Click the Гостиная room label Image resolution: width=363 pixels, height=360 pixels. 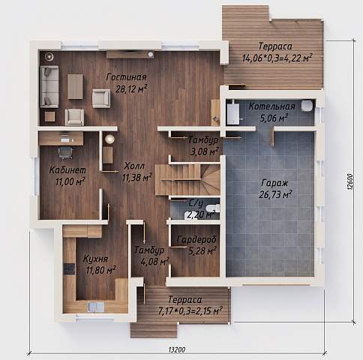tap(127, 77)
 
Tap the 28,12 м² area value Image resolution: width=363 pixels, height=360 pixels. tap(131, 88)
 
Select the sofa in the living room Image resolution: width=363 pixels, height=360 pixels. tap(49, 87)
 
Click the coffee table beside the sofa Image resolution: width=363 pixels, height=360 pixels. tap(75, 86)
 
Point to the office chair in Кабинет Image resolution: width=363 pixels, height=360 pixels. tap(66, 152)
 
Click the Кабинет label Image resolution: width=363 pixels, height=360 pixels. tap(67, 170)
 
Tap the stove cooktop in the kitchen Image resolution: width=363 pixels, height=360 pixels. tap(69, 269)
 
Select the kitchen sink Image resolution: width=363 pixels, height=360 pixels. tap(96, 307)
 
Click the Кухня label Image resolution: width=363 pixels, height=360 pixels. tap(95, 259)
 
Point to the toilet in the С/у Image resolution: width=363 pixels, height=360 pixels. tap(214, 208)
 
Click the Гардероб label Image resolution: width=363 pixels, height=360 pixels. tap(196, 240)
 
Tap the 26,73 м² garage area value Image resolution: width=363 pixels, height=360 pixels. tap(275, 194)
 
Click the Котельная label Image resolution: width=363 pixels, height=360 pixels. tap(271, 106)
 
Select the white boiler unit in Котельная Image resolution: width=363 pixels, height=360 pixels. tap(233, 114)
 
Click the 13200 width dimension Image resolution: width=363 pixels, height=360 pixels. tap(177, 349)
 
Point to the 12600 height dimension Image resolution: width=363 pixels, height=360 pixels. tap(350, 182)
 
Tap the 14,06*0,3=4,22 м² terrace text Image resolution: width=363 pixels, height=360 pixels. tap(277, 58)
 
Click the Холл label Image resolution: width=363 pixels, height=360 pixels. tap(134, 166)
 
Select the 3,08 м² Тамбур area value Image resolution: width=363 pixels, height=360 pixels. tap(205, 151)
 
